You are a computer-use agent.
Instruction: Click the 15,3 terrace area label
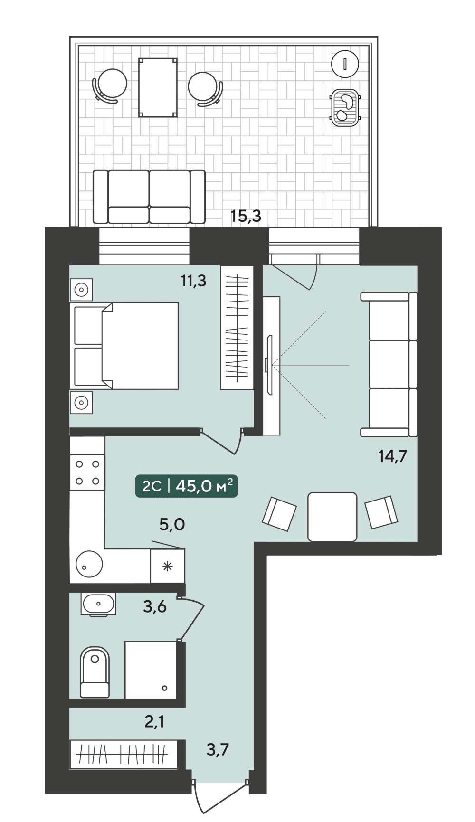coord(246,216)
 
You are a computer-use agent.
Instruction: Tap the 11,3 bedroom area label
coord(193,281)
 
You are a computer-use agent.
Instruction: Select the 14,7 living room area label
coord(392,456)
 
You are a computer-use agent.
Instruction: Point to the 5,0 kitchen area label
coord(172,524)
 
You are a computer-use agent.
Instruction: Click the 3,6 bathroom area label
coord(155,606)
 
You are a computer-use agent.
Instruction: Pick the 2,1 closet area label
coord(154,721)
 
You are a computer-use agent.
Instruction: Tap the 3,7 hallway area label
coord(218,749)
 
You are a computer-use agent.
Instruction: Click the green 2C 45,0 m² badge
coord(187,486)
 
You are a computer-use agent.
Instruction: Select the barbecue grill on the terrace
coord(345,108)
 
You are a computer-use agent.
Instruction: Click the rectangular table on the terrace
coord(158,87)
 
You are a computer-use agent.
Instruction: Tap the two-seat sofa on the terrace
coord(149,197)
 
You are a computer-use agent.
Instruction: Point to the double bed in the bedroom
coord(124,346)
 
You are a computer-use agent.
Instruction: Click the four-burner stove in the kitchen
coord(87,472)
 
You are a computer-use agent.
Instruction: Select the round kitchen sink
coord(89,564)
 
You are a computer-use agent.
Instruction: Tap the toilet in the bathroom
coord(95,672)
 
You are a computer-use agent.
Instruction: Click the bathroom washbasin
coord(98,604)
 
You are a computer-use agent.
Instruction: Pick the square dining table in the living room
coord(332,517)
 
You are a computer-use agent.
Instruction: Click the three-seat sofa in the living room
coord(389,364)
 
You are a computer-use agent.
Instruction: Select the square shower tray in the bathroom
coord(151,670)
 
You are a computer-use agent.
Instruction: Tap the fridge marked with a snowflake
coord(167,566)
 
